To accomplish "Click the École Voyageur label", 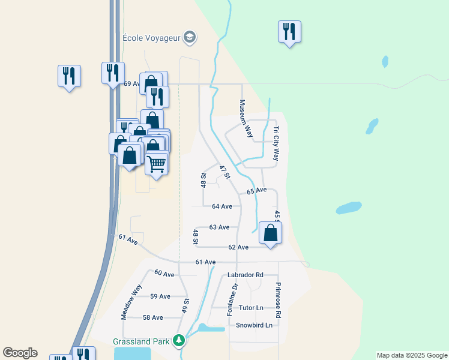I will click(x=151, y=37).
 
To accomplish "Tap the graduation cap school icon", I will click(x=190, y=37).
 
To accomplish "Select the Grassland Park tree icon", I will click(x=178, y=341).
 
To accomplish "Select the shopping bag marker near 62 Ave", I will click(x=271, y=233).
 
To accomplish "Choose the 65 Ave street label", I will click(x=257, y=190).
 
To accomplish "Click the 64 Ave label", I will click(x=222, y=206).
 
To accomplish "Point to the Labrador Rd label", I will click(x=246, y=275).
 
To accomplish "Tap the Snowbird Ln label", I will click(x=254, y=325).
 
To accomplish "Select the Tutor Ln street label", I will click(x=251, y=308).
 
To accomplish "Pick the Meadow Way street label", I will click(x=131, y=301).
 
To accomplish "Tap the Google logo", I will click(x=20, y=353).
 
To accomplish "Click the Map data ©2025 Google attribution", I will click(x=412, y=355).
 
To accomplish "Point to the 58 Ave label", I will click(x=153, y=317).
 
